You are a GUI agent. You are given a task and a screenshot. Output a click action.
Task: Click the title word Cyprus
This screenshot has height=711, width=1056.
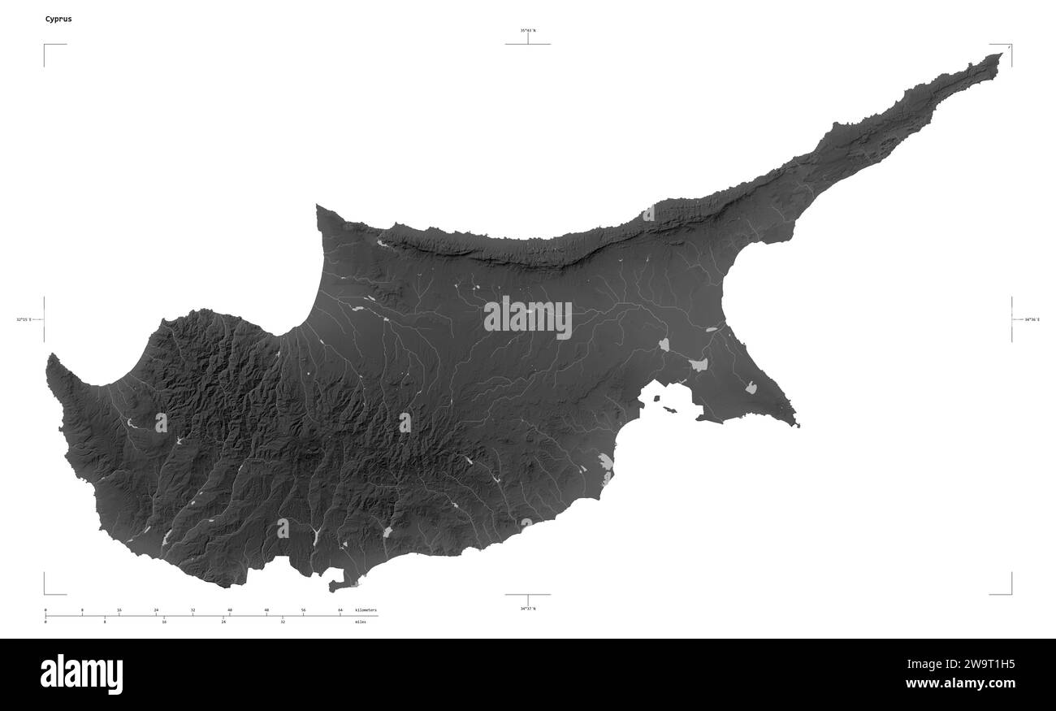(58, 19)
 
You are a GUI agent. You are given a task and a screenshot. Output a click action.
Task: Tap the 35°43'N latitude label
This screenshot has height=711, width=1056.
(528, 31)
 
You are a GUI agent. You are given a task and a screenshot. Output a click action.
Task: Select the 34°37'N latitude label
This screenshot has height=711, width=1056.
(528, 608)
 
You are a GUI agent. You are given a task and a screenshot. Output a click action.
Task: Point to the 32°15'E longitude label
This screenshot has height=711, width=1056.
(24, 319)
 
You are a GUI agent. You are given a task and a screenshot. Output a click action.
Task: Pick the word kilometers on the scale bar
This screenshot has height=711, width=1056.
(366, 609)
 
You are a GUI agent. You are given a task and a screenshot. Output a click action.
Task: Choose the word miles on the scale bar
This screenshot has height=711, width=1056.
(360, 622)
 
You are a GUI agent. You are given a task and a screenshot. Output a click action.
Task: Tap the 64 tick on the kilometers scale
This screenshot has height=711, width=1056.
(340, 609)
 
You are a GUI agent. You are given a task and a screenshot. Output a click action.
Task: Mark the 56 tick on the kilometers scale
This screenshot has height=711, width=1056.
(303, 609)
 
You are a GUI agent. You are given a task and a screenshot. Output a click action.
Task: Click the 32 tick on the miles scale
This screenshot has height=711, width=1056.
(283, 622)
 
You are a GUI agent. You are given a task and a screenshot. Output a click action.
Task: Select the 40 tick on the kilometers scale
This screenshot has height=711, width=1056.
(230, 609)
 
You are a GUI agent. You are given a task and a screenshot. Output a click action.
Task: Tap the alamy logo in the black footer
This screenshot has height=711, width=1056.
(81, 674)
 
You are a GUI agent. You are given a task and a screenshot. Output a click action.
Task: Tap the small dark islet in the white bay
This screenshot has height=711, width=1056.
(669, 410)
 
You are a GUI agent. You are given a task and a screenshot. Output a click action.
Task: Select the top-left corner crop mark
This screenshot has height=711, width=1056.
(45, 46)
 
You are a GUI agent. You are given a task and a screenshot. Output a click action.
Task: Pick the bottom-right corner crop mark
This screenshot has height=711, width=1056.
(1011, 593)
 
